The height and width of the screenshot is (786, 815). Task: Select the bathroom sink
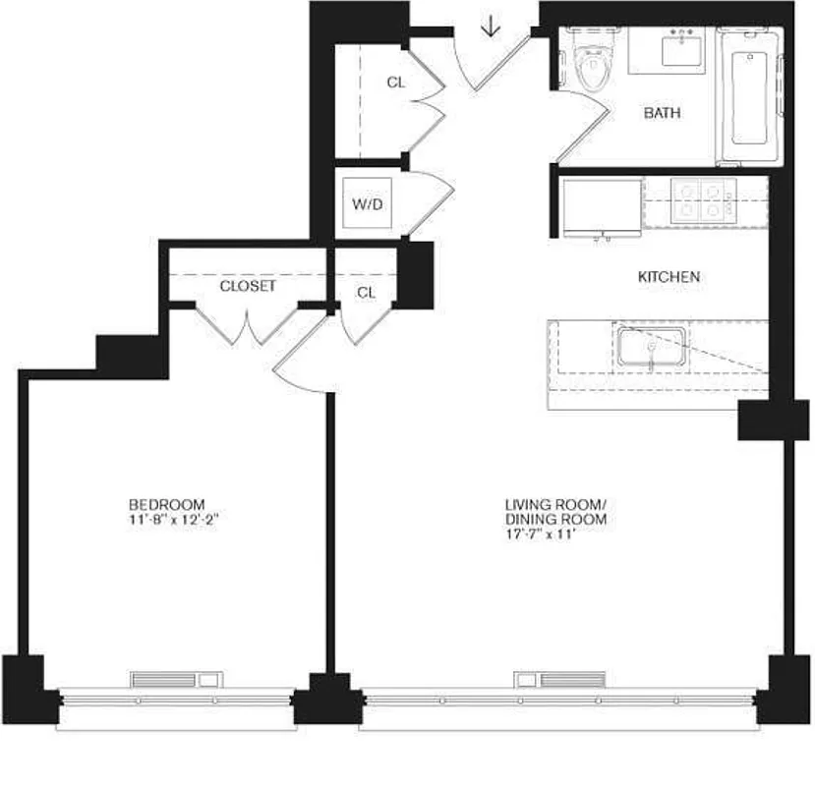(681, 47)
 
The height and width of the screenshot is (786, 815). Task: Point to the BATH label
(662, 113)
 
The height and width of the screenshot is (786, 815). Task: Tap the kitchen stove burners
(703, 197)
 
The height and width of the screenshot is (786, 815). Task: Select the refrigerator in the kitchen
(601, 205)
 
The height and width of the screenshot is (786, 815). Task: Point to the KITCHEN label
(669, 277)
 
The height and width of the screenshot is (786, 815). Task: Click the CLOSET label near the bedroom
(248, 287)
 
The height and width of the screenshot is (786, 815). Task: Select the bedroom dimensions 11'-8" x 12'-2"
(173, 520)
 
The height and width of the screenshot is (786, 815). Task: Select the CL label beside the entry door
(395, 84)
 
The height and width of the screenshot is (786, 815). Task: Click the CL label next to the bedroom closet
(367, 293)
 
